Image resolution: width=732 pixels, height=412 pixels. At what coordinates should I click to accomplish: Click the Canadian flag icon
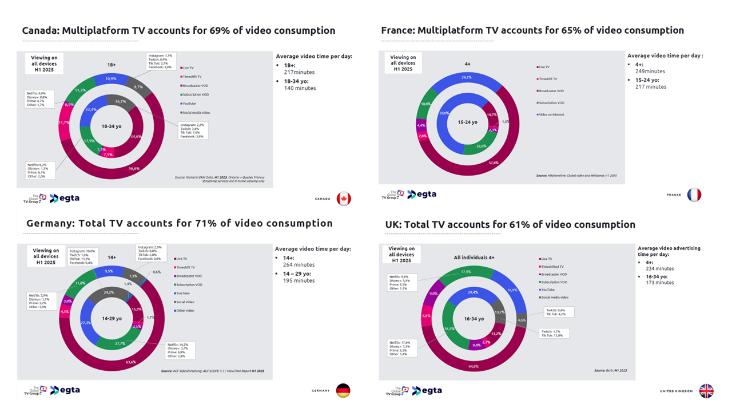tap(344, 199)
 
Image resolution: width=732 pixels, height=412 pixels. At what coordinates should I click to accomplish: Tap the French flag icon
tap(694, 195)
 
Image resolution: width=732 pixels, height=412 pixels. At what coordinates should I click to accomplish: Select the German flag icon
tap(343, 390)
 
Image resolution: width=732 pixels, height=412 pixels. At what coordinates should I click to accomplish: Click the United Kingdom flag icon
tap(707, 391)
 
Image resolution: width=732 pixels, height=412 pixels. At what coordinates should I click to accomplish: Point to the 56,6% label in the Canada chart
tap(134, 169)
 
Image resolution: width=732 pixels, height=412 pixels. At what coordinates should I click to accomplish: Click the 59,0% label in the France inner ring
tap(443, 113)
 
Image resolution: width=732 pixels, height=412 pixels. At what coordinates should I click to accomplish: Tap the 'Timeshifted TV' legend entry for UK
tap(553, 267)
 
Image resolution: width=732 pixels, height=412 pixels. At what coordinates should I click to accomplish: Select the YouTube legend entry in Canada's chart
tap(189, 104)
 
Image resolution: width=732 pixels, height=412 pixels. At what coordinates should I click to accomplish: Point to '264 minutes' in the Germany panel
tap(299, 265)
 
